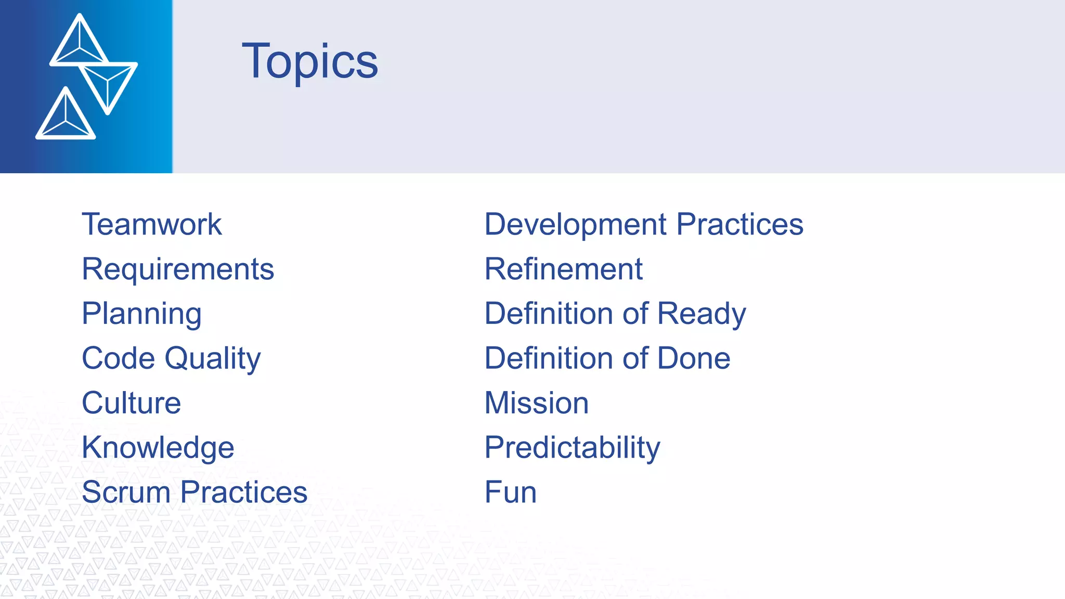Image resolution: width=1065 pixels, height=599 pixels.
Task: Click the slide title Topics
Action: click(x=310, y=61)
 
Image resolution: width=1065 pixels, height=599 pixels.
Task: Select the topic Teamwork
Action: click(x=152, y=225)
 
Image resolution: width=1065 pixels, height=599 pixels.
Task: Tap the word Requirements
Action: click(x=178, y=269)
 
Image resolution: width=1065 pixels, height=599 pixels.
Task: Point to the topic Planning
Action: click(x=141, y=314)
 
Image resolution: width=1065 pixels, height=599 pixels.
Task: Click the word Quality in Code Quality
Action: click(x=213, y=359)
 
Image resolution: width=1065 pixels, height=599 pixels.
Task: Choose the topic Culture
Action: click(x=131, y=403)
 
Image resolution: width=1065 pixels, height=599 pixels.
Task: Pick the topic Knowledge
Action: click(x=158, y=448)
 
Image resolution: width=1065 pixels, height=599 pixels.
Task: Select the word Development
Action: click(x=575, y=225)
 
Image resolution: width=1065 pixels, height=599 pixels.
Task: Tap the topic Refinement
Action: click(x=563, y=269)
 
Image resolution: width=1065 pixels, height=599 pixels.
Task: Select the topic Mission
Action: click(x=536, y=403)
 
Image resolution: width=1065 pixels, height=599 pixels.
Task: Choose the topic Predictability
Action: click(x=572, y=448)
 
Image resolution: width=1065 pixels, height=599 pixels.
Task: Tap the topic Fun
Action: click(x=510, y=492)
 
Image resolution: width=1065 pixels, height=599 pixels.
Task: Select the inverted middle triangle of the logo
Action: click(x=108, y=83)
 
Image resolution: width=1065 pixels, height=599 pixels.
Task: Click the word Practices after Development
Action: click(x=739, y=225)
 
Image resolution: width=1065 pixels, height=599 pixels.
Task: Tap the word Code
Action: click(x=119, y=359)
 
